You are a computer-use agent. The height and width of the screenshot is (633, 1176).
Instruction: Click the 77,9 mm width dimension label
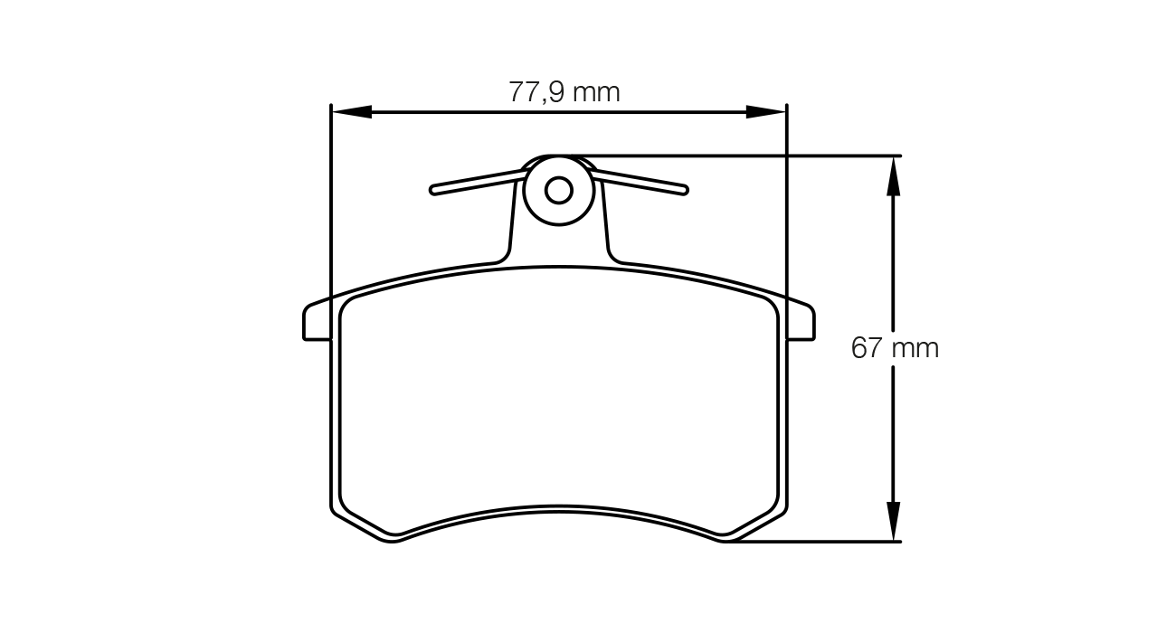point(564,91)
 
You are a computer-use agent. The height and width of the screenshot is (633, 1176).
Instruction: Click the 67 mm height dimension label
point(895,347)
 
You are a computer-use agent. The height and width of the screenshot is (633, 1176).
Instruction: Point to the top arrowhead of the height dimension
point(894,175)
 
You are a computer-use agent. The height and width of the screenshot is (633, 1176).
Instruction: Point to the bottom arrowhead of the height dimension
point(894,522)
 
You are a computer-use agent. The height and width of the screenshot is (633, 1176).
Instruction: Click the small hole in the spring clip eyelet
point(559,190)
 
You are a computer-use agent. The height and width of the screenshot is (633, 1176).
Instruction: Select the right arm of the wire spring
point(640,181)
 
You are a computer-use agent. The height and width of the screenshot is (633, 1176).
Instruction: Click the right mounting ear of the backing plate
point(801,323)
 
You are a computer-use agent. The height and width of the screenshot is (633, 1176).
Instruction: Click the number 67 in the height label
point(867,347)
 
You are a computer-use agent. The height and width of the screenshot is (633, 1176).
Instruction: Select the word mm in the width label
point(597,91)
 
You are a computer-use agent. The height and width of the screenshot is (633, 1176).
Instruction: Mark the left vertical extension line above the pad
point(332,199)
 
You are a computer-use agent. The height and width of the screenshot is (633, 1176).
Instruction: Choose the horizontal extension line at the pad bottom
point(814,542)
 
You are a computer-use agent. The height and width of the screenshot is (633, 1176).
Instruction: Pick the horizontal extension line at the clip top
point(742,156)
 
